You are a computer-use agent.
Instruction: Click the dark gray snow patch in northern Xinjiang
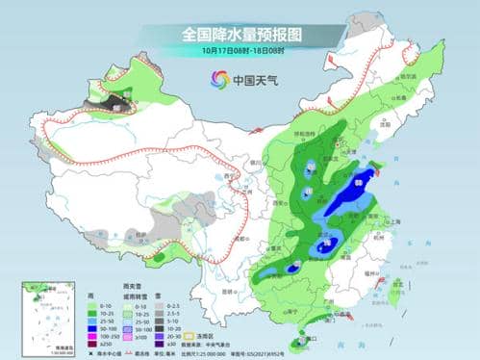(117, 100)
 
